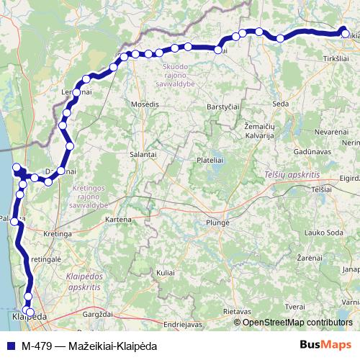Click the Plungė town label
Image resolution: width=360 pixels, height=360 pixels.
pyautogui.click(x=217, y=222)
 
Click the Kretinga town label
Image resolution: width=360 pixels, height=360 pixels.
pyautogui.click(x=58, y=234)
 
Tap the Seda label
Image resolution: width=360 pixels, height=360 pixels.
pyautogui.click(x=281, y=104)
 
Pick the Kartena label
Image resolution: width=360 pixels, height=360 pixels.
pyautogui.click(x=118, y=219)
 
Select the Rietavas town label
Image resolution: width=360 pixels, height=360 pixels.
pyautogui.click(x=236, y=311)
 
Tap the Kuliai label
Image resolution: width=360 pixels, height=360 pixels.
pyautogui.click(x=166, y=274)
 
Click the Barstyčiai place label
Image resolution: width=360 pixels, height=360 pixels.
pyautogui.click(x=222, y=106)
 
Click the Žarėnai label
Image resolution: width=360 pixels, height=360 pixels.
pyautogui.click(x=309, y=257)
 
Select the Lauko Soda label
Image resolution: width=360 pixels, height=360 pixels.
pyautogui.click(x=324, y=233)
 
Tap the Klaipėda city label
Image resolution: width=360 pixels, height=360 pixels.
pyautogui.click(x=30, y=317)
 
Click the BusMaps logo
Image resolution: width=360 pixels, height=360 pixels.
pyautogui.click(x=325, y=344)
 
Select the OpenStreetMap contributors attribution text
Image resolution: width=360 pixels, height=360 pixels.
pyautogui.click(x=297, y=323)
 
